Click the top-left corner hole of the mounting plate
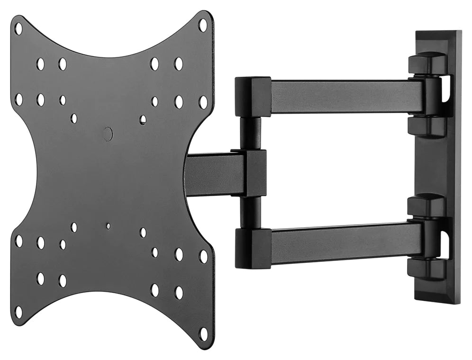coord(18,28)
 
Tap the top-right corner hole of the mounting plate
coord(203,25)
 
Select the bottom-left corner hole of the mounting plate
coord(18,312)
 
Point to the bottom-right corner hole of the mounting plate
coord(203,333)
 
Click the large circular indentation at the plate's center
coord(108,134)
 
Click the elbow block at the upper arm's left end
coord(253,97)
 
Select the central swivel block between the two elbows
coord(255,173)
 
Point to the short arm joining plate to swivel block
coord(213,174)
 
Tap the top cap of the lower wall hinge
coord(427,205)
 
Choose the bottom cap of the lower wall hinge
coord(426,269)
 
